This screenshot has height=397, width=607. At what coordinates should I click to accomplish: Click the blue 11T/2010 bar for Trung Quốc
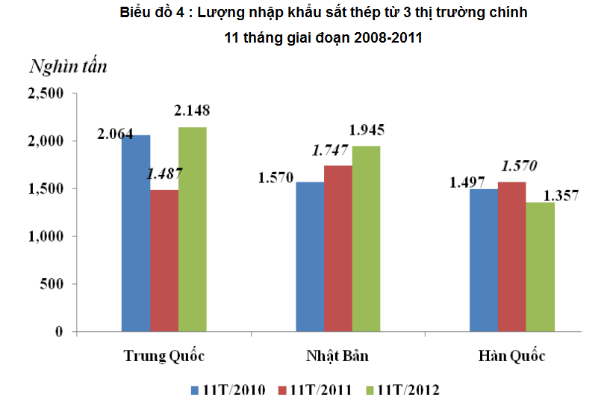pyautogui.click(x=136, y=233)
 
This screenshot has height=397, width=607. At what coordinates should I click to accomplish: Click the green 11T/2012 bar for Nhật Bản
pyautogui.click(x=366, y=238)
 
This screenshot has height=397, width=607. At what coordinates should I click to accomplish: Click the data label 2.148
pyautogui.click(x=192, y=111)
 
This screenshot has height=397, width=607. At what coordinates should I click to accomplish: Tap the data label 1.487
pyautogui.click(x=164, y=173)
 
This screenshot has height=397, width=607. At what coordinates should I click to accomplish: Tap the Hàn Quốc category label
pyautogui.click(x=512, y=355)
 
